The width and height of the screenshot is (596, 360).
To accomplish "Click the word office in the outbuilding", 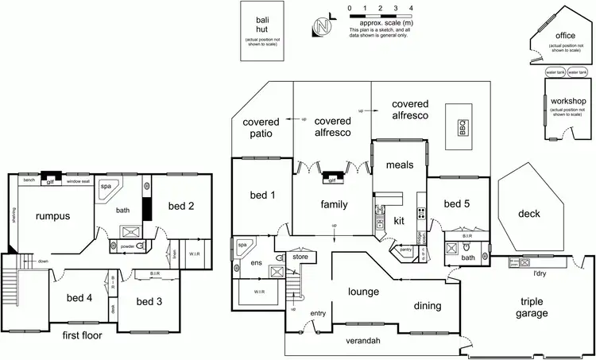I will (x=565, y=36).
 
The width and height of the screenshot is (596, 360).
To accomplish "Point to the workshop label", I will (x=569, y=102).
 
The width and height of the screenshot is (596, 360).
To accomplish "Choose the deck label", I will (x=528, y=213).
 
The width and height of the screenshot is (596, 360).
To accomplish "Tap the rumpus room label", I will (x=52, y=215).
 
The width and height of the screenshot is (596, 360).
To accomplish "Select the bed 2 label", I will (x=181, y=206).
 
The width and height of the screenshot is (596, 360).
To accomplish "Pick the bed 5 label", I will (x=457, y=204).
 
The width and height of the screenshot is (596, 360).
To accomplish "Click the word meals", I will (x=399, y=165).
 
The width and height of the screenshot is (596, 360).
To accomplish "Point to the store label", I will (x=300, y=256).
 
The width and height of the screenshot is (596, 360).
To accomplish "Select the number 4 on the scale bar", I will (x=410, y=7).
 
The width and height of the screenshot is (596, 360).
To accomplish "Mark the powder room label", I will (x=127, y=246).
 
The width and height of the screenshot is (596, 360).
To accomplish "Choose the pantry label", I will (x=405, y=250).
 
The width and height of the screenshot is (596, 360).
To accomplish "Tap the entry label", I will (x=319, y=313).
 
